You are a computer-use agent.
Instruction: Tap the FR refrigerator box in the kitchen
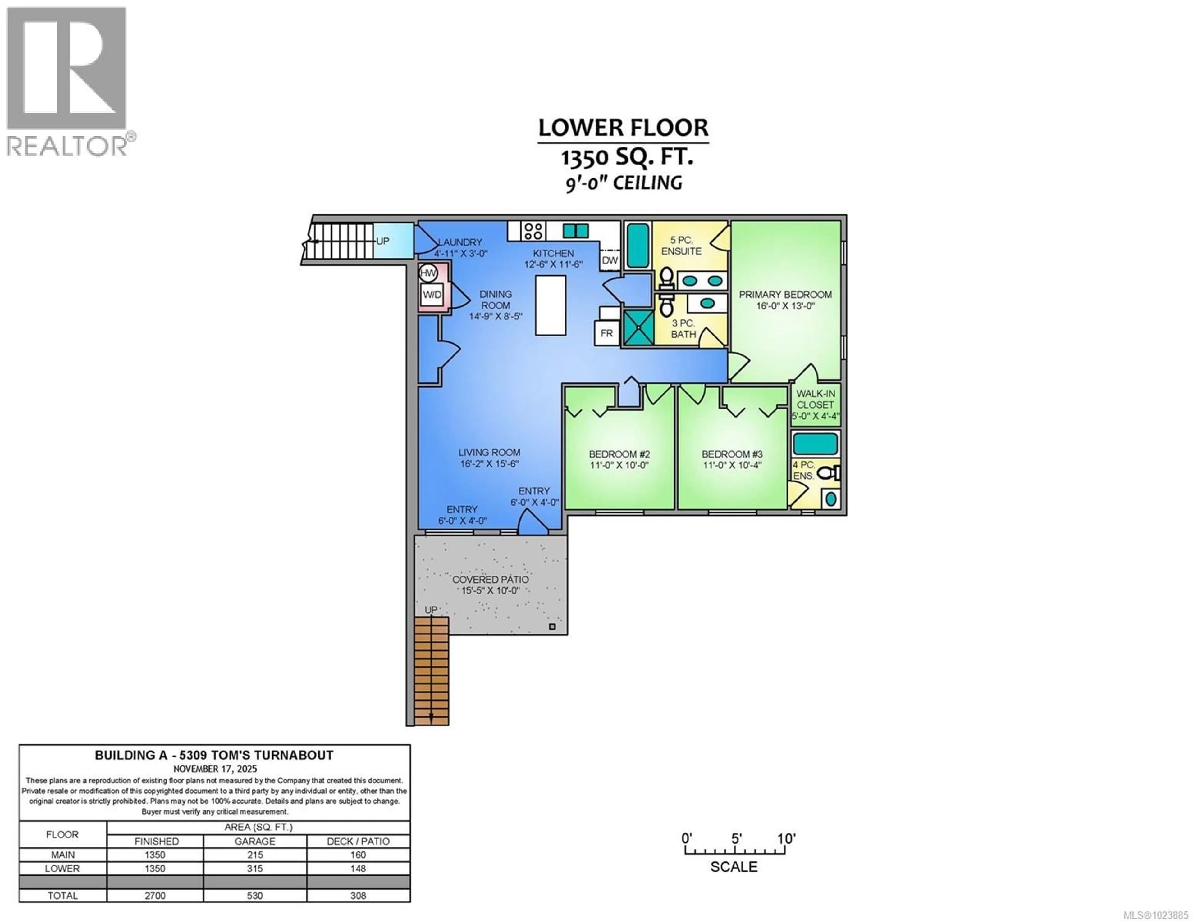click(606, 333)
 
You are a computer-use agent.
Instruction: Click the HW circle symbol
click(428, 273)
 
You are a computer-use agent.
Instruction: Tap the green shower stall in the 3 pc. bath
click(638, 327)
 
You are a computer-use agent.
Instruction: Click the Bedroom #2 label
click(619, 454)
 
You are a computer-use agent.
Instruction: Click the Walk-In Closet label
click(815, 399)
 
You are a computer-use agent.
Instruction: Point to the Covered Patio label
click(490, 579)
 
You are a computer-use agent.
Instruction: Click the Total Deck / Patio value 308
click(358, 895)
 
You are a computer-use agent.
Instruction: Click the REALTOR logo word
click(67, 146)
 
